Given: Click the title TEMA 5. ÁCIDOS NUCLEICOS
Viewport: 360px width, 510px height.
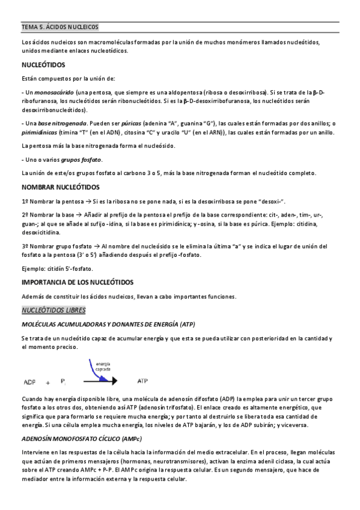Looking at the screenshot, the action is tap(60, 27).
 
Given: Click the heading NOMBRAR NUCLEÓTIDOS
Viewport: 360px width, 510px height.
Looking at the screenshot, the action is tap(62, 188).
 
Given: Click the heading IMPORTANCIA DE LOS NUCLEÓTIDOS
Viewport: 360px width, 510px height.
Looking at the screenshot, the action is tap(78, 282).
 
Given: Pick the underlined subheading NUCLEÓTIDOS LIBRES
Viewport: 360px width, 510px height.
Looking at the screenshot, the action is tap(53, 310).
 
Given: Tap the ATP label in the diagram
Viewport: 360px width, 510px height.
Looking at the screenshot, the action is tap(143, 381).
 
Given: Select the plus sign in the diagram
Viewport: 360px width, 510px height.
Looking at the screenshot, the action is tap(64, 382).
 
